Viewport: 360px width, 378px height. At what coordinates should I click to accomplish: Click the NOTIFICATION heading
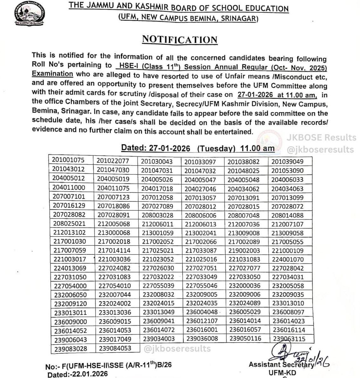point(180,40)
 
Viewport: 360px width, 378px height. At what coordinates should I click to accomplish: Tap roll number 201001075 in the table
point(69,160)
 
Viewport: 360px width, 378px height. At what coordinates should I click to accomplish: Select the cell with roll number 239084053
point(115,348)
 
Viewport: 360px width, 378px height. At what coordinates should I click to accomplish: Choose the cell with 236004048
point(202,312)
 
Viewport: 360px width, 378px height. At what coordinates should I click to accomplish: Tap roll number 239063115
point(289,339)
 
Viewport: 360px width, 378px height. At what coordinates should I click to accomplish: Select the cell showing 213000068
point(113,232)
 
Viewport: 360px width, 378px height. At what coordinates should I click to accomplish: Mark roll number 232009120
point(70,304)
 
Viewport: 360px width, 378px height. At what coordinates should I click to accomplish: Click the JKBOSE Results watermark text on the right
point(321,138)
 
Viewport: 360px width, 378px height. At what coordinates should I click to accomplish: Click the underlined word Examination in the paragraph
point(52,74)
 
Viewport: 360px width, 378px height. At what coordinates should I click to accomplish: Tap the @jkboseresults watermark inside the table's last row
point(177,348)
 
